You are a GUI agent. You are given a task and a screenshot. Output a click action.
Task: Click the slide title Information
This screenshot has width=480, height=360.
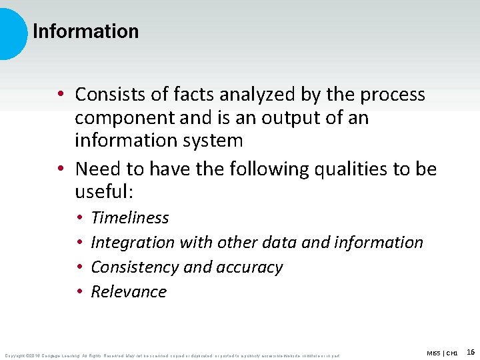point(85,31)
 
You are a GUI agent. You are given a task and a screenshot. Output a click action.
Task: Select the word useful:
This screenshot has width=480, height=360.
point(105,193)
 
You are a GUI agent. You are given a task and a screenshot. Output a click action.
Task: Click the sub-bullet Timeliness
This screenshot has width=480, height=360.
point(129,218)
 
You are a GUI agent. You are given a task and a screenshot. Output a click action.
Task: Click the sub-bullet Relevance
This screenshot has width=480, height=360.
point(128,292)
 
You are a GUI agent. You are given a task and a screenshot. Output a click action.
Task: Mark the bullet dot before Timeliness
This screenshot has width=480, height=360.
point(79,218)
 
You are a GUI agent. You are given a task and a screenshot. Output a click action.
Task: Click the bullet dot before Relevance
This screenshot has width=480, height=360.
point(79,292)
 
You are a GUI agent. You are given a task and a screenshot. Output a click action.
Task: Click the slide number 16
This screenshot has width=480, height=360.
point(470,351)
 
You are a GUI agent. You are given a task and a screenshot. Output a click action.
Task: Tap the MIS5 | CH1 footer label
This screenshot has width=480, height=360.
point(442,352)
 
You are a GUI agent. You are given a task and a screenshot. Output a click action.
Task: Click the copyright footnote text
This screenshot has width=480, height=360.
point(172,355)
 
